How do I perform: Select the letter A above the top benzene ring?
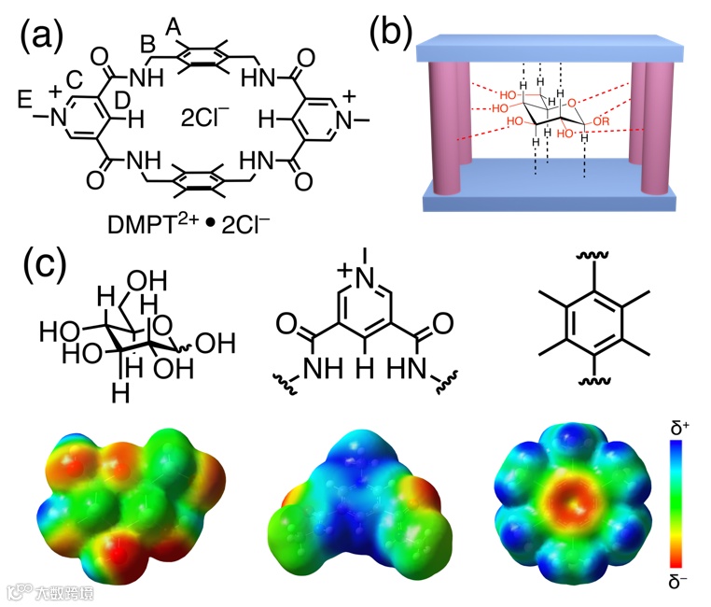pos(173,29)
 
